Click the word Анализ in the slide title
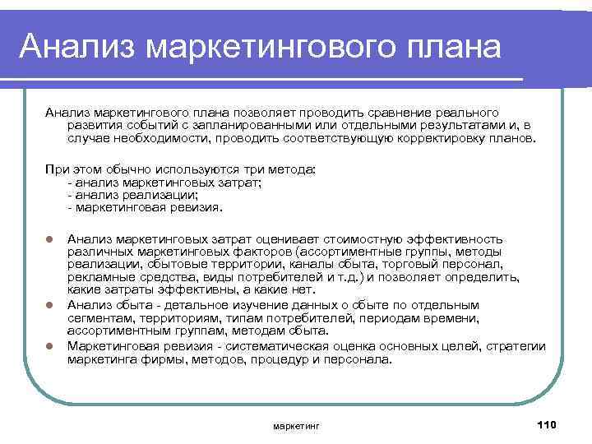[67, 47]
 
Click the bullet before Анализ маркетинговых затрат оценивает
[49, 239]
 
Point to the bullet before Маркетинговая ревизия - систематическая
[49, 347]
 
